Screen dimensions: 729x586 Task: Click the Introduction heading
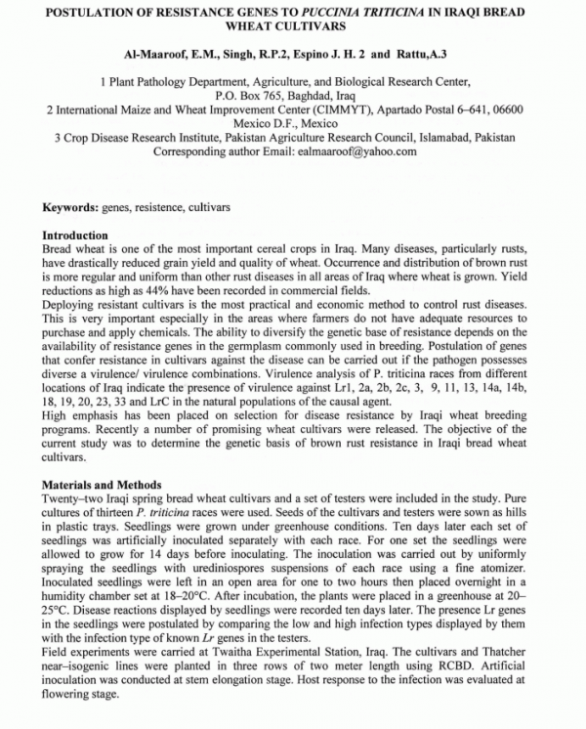[x=75, y=236]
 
